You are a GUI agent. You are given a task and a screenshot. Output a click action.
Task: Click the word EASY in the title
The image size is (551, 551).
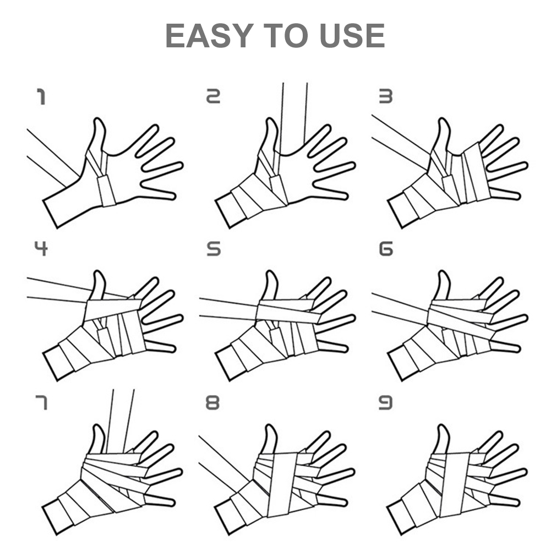pyautogui.click(x=209, y=35)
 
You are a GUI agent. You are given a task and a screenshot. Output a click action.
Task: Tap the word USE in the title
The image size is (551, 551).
pyautogui.click(x=352, y=35)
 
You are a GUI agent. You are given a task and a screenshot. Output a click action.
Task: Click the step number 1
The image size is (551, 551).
pyautogui.click(x=41, y=97)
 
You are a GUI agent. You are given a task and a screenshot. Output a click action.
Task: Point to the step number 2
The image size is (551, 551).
pyautogui.click(x=213, y=96)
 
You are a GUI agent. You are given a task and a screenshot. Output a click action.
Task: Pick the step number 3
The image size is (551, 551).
pyautogui.click(x=385, y=96)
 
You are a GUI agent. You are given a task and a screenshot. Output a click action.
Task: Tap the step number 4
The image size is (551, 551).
pyautogui.click(x=41, y=248)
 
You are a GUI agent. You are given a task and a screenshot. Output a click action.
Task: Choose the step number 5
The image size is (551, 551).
pyautogui.click(x=214, y=249)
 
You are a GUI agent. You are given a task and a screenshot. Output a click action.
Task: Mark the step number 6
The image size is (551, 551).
pyautogui.click(x=386, y=249)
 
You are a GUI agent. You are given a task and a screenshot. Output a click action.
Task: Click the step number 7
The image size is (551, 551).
pyautogui.click(x=41, y=402)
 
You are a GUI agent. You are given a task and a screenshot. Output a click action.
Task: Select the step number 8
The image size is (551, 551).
pyautogui.click(x=212, y=402)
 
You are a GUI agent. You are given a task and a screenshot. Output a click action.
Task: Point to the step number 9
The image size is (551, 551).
pyautogui.click(x=385, y=402)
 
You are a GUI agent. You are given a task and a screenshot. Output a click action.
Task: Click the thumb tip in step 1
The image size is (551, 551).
pyautogui.click(x=100, y=119)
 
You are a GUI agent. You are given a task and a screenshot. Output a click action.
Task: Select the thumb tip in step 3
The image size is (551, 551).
pyautogui.click(x=444, y=119)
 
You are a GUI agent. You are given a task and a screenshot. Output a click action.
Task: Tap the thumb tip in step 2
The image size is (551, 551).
pyautogui.click(x=271, y=119)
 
